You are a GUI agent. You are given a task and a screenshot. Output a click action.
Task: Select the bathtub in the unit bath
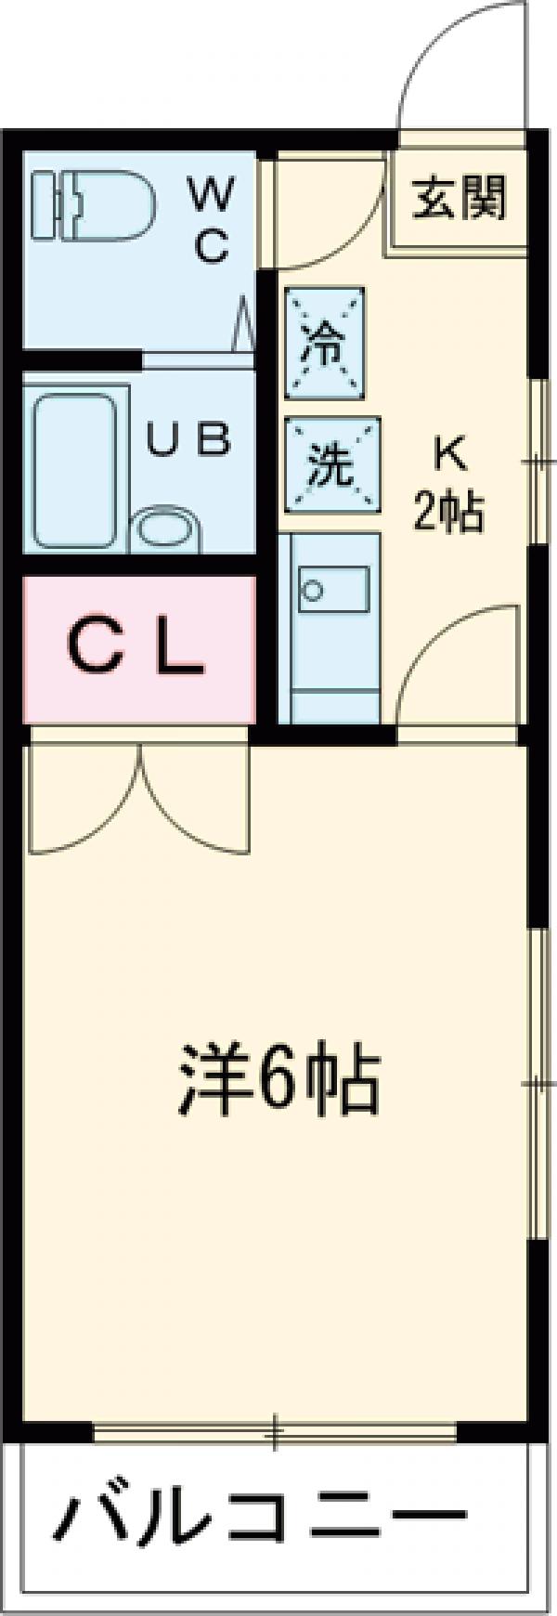[76, 471]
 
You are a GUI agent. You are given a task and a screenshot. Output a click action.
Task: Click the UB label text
[189, 440]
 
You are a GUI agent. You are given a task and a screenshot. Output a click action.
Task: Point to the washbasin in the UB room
[165, 531]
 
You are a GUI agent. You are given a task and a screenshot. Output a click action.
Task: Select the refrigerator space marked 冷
[325, 344]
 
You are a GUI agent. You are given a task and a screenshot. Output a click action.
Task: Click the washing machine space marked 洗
[331, 463]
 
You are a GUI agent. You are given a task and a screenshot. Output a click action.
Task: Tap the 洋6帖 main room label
[278, 1079]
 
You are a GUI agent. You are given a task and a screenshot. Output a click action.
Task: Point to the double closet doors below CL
[139, 799]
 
